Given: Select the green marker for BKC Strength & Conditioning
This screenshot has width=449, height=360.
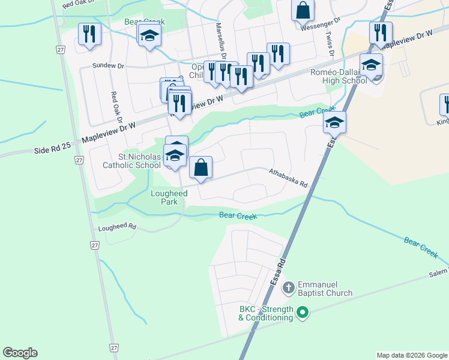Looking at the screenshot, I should pyautogui.click(x=303, y=312).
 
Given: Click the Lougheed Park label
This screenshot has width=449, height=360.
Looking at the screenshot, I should pyautogui.click(x=169, y=197).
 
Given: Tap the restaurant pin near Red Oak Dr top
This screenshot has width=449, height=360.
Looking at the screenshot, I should pyautogui.click(x=89, y=34).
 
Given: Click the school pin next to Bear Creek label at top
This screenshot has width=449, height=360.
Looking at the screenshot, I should pyautogui.click(x=149, y=35).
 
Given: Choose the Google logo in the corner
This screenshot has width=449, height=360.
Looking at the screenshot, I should pyautogui.click(x=20, y=353).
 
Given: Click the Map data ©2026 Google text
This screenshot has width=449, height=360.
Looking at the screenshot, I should pyautogui.click(x=412, y=355).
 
